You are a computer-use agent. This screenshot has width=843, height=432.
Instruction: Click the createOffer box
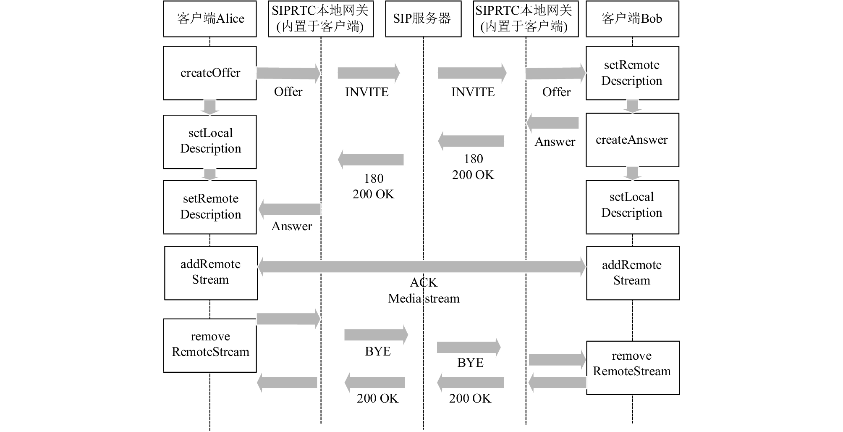pos(210,73)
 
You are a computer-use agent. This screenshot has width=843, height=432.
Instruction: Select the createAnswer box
pos(632,140)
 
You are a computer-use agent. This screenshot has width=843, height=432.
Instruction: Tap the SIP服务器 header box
pos(423,19)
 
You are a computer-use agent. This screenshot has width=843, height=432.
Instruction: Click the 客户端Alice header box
pos(210,19)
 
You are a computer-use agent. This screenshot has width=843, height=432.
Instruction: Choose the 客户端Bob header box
pos(632,19)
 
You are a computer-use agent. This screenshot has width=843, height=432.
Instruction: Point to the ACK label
pos(424,282)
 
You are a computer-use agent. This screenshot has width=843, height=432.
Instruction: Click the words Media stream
pos(424,298)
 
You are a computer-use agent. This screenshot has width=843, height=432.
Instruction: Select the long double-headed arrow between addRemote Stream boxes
pos(421,267)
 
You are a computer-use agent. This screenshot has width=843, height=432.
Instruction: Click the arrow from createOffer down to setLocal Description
pos(210,107)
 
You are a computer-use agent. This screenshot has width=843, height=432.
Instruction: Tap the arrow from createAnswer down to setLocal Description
pos(632,174)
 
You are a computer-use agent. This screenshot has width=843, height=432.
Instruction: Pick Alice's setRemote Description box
pos(210,207)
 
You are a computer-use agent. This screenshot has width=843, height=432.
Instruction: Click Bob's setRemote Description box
pos(632,73)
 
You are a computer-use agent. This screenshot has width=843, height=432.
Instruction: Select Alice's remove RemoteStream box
pos(210,345)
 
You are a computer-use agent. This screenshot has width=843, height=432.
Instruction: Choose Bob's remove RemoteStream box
pos(633,368)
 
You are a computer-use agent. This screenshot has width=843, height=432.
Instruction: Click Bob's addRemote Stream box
pos(633,273)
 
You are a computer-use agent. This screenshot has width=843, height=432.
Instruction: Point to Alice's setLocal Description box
pos(210,142)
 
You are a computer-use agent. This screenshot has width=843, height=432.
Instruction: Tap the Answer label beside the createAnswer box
pos(555,142)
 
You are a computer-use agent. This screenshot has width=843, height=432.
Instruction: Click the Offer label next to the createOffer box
pos(288,92)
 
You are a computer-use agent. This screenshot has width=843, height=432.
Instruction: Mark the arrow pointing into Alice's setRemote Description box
pos(290,209)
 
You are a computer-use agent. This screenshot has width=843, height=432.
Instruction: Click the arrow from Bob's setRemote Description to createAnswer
pos(632,106)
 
